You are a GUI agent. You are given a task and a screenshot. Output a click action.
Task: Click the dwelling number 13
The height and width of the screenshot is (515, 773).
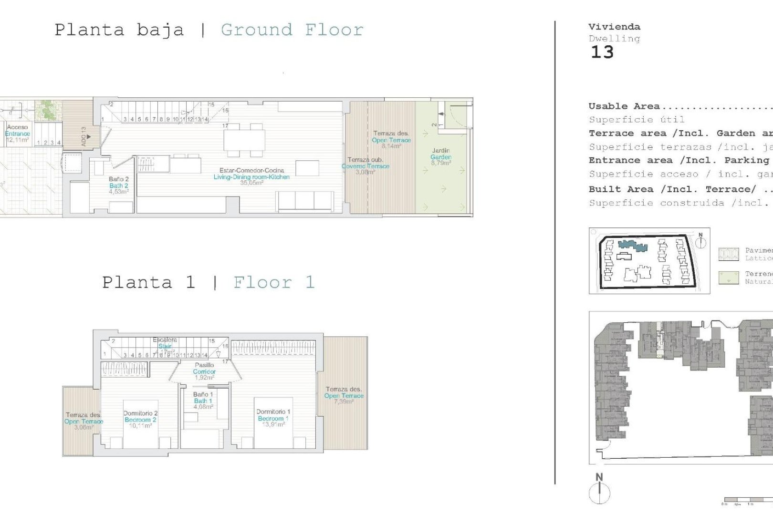coord(602,52)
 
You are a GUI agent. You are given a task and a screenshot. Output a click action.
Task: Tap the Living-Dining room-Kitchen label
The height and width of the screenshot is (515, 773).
coord(251,176)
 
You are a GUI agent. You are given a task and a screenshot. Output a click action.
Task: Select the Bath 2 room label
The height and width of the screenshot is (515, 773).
coord(118,185)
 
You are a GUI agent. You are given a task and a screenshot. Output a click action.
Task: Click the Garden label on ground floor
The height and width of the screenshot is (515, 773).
coord(440,157)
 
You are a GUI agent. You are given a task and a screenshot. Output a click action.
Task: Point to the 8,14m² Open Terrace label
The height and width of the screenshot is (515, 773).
coord(391,140)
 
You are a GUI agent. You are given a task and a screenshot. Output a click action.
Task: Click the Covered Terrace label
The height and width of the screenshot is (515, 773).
coord(366,166)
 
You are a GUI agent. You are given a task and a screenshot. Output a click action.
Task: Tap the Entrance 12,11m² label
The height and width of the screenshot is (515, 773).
coord(18,134)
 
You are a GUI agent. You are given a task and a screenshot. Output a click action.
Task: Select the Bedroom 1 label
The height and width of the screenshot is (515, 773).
coord(273,418)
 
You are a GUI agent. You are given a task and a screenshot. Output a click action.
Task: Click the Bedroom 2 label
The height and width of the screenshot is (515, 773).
coord(140,420)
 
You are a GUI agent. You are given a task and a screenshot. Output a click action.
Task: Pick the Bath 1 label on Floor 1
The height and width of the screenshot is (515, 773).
coord(203,401)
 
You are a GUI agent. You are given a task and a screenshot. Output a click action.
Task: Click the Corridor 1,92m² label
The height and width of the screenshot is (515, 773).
coord(204,371)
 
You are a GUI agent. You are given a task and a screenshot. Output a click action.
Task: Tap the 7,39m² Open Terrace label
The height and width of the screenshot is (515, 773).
coord(344,395)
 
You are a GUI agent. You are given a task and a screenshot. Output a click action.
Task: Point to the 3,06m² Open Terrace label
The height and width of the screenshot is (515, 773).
coord(84,421)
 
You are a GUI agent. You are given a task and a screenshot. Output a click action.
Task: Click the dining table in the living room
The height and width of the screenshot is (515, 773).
coord(244,140)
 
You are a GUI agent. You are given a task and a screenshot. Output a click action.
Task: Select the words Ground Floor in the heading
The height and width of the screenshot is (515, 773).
coord(292,30)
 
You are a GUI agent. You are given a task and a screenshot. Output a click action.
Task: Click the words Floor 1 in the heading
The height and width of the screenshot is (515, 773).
coord(274,282)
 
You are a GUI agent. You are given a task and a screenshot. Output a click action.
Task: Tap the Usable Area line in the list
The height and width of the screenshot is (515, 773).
coord(624,106)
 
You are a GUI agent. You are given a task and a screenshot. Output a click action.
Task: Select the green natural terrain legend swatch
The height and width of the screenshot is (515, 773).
coord(728,278)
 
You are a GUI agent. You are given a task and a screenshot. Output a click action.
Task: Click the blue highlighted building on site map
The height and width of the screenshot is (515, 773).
coord(632,246)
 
